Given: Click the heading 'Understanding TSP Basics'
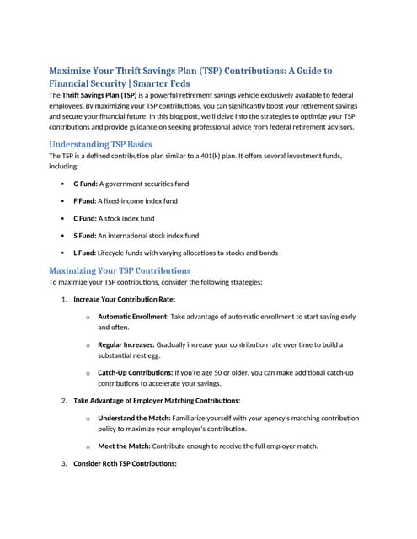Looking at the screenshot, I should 100,144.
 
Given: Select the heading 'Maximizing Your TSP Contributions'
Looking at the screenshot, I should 120,270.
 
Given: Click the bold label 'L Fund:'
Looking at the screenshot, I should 85,253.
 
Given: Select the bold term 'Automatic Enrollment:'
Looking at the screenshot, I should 133,317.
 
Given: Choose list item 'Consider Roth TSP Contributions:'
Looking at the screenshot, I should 125,464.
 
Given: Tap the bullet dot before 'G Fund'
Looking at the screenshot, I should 63,183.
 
